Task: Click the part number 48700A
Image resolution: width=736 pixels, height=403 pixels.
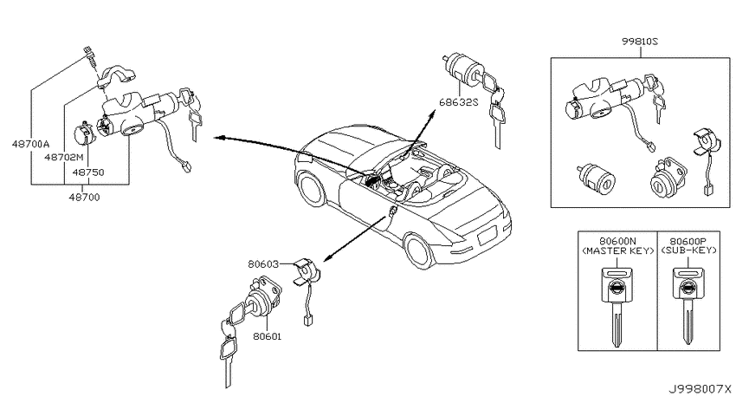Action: [30, 144]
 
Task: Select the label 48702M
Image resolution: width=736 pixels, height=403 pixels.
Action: [64, 157]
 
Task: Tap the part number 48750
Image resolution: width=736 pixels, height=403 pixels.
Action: [88, 172]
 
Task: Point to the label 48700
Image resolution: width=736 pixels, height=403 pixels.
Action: [85, 198]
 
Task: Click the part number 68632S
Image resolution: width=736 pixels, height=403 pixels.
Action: [459, 101]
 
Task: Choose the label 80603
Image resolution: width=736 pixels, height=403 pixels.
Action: [263, 264]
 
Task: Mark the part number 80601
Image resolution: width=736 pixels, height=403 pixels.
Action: [267, 336]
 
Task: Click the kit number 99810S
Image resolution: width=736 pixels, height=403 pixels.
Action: [640, 42]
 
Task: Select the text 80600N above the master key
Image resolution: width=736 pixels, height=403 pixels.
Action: [617, 242]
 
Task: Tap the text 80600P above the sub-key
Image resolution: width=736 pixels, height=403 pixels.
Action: [689, 242]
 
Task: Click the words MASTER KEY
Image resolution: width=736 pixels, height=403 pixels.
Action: [617, 250]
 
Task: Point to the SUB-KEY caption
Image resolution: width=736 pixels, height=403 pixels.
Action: [689, 250]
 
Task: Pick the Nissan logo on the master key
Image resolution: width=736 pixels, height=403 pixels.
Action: [617, 288]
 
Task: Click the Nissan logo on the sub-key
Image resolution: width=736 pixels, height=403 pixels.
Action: [688, 288]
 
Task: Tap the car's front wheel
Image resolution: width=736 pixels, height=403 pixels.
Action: [311, 190]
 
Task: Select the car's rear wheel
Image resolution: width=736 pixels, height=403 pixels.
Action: [419, 251]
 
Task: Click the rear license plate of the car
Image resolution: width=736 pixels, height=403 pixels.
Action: [487, 236]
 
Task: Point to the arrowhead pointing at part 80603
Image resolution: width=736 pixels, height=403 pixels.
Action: [327, 258]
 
